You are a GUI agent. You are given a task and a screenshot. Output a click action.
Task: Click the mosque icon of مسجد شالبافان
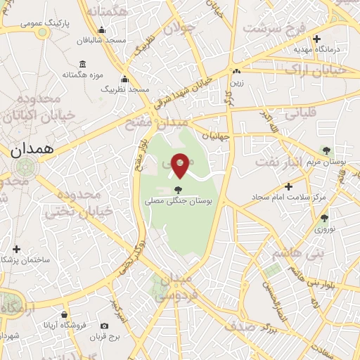tap(102, 30)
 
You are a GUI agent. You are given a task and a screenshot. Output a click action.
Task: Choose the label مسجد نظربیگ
tap(125, 90)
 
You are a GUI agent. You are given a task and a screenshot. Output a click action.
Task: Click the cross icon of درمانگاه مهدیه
tap(316, 39)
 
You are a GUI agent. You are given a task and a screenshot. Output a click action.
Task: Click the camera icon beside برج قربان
tap(105, 326)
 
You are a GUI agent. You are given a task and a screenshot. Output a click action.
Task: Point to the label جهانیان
tap(216, 135)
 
